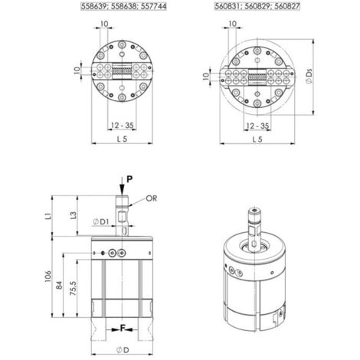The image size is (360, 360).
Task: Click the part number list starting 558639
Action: coord(123,6)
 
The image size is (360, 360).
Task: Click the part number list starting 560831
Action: coord(257,6)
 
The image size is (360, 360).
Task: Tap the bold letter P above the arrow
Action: coord(129,179)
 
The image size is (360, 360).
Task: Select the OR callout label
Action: coord(151,198)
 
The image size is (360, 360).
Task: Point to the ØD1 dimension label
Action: coord(100,222)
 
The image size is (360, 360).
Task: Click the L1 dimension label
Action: coord(49,215)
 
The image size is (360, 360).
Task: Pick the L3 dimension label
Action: coord(74,215)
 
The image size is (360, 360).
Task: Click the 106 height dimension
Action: coord(48,277)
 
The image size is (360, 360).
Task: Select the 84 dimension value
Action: coord(59,285)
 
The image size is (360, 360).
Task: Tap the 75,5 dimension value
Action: coord(73,288)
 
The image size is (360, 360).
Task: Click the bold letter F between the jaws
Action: coord(123,329)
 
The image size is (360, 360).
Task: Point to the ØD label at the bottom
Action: coord(123,350)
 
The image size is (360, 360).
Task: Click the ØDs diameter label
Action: coord(309,76)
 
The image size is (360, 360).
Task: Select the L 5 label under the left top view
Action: coord(122,139)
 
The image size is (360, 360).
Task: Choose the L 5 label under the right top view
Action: coord(257,139)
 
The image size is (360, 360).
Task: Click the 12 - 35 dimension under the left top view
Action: coord(122,126)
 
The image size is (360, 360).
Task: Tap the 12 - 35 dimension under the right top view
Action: coord(257,126)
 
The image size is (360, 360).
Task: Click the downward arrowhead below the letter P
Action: coord(123,191)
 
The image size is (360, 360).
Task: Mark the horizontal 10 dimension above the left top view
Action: coord(104,24)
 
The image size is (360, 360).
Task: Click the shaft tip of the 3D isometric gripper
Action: coord(254,211)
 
